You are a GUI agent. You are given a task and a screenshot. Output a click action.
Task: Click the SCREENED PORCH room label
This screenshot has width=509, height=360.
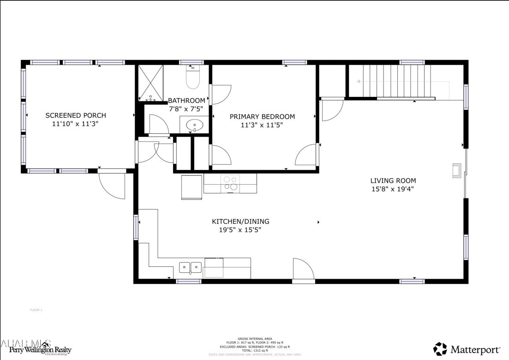(75, 115)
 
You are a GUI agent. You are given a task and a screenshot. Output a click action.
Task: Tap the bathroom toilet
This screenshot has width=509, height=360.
(192, 78)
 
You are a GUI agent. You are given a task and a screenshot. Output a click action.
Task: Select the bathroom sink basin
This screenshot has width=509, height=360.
(195, 125)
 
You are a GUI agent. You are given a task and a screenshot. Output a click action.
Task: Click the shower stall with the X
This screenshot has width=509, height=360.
(151, 83)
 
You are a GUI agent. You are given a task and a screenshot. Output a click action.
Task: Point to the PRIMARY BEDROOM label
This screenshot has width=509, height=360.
(262, 117)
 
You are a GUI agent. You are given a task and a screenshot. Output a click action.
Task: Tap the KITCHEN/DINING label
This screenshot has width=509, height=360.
(240, 222)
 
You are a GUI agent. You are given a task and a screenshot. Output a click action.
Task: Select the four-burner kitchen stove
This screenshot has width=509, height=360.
(230, 183)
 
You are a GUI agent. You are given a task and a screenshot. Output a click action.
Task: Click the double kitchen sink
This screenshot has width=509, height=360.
(191, 267)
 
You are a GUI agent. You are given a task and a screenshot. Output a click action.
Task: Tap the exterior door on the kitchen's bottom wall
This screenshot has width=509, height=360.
(304, 270)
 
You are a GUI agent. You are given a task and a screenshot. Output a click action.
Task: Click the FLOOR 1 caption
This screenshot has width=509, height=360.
(36, 310)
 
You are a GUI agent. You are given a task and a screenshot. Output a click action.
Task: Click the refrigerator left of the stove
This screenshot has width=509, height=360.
(192, 187)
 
